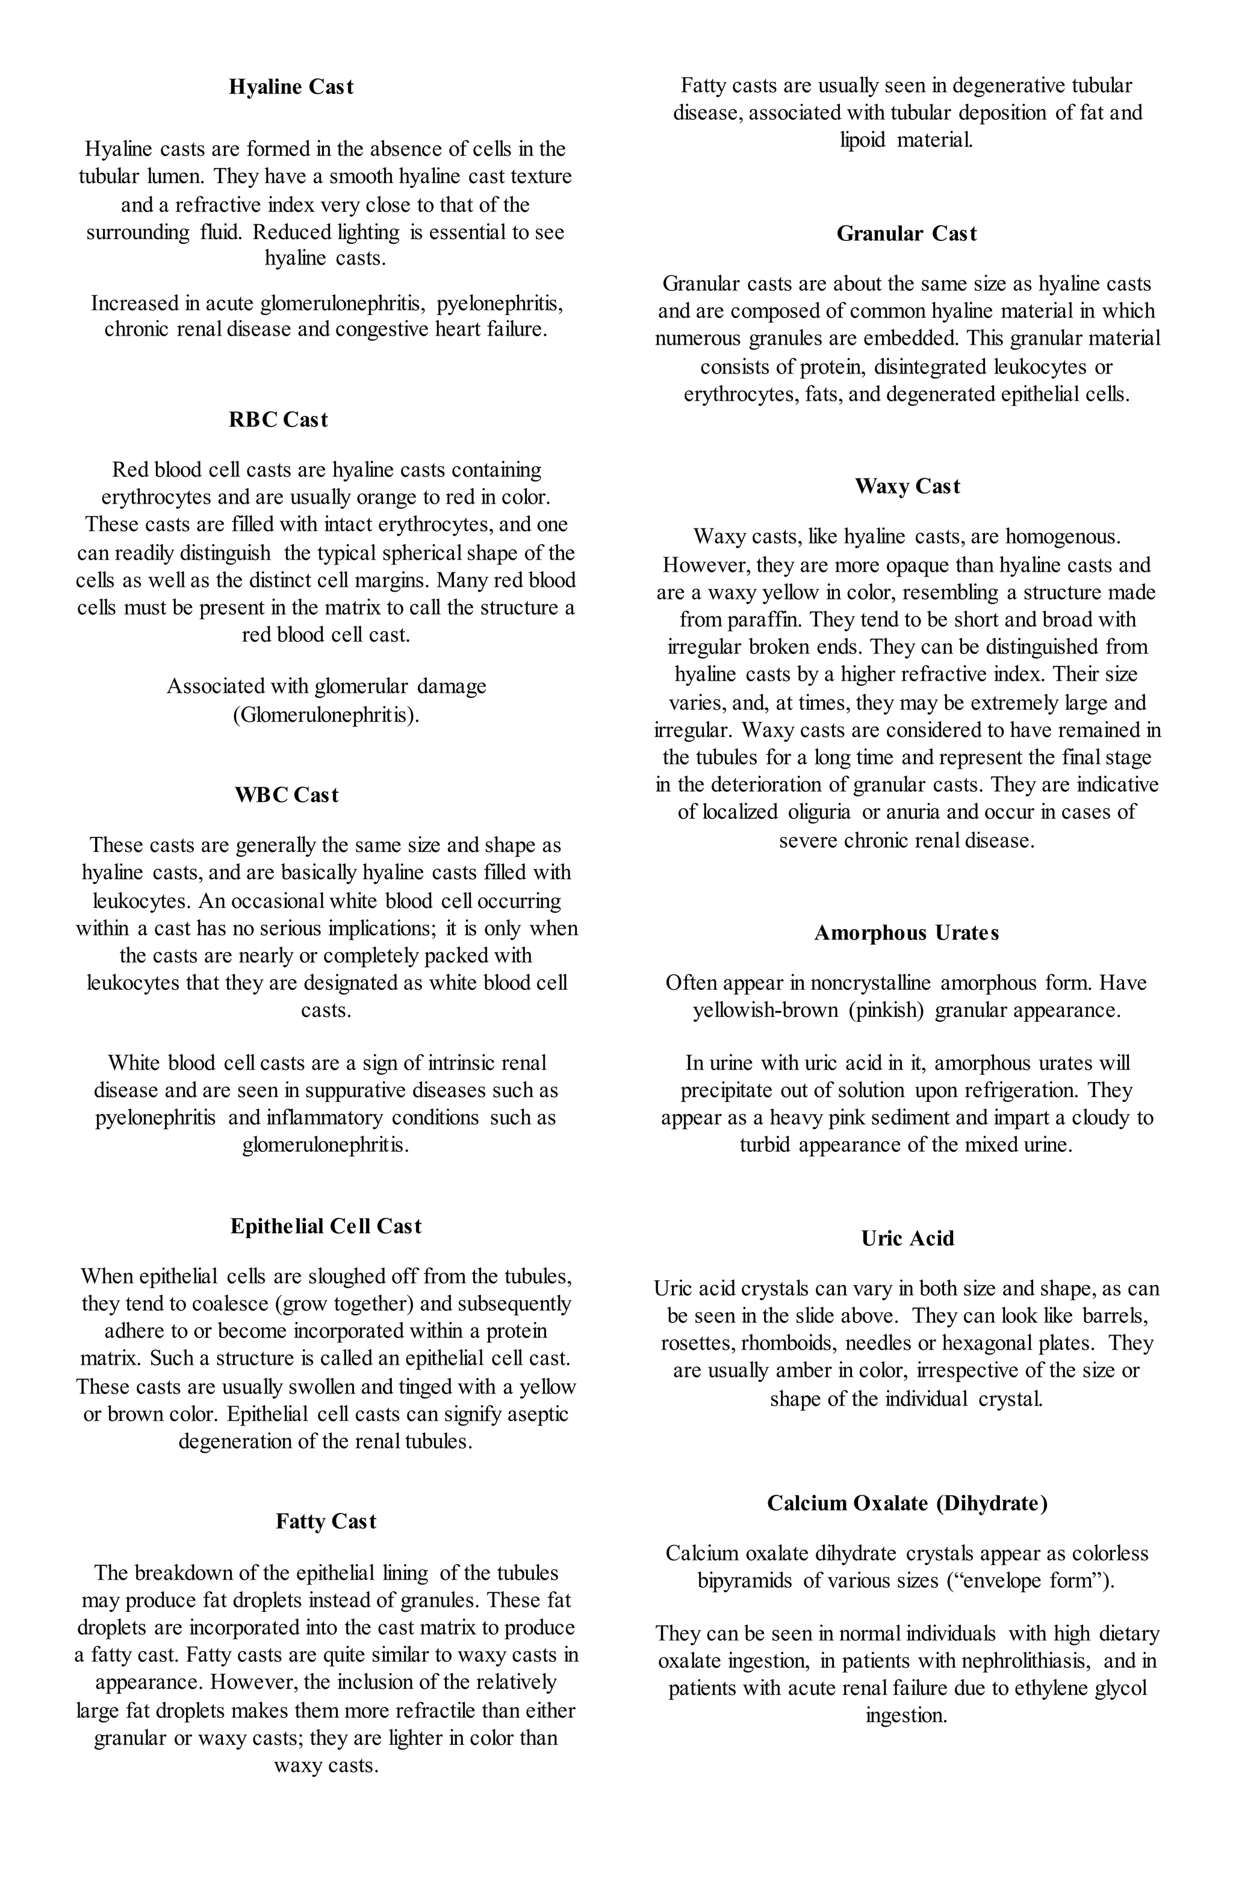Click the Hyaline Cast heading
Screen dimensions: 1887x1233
291,87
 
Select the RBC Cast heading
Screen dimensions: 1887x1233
278,419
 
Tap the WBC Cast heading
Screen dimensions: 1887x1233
287,795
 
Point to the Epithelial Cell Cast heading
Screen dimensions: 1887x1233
326,1227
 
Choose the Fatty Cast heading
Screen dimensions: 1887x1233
326,1521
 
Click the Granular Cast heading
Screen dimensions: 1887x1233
907,234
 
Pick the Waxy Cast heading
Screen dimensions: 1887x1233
907,486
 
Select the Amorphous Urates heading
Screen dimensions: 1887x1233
907,933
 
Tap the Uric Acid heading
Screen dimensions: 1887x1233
907,1239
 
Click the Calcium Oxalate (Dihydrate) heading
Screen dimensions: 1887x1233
907,1503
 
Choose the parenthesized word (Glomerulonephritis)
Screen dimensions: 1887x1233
326,715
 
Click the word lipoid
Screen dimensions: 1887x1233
862,140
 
